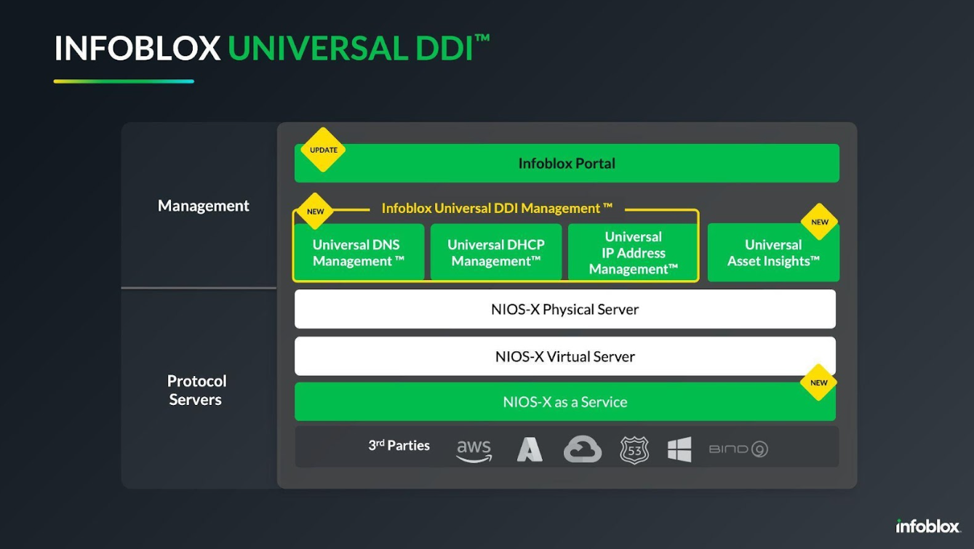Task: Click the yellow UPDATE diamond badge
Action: pos(323,150)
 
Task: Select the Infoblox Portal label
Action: pos(567,164)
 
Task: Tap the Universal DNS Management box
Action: pos(359,252)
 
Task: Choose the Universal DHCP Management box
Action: pos(496,252)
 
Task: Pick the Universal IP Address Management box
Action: pos(633,252)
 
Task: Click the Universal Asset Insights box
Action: pos(773,252)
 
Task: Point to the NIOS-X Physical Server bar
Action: pos(565,309)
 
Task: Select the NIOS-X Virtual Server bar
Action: pos(565,356)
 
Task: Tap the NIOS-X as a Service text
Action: pos(565,401)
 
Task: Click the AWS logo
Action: pos(474,450)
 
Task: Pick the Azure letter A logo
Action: pos(530,449)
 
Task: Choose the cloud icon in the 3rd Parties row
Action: pos(583,449)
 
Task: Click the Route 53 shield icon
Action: pos(634,450)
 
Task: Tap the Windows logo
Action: pos(679,449)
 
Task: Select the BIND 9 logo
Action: pos(738,449)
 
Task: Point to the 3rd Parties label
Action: pos(399,445)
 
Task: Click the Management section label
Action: pos(204,206)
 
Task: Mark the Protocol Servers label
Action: pos(196,390)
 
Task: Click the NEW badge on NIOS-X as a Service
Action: pos(818,382)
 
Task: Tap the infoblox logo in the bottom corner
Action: pos(927,526)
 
